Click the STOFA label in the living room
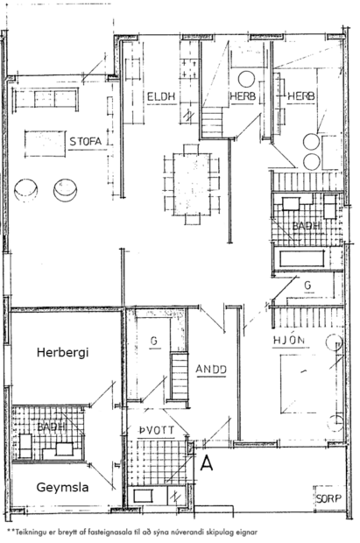click(x=86, y=139)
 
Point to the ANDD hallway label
click(x=211, y=369)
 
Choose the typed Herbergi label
click(x=63, y=352)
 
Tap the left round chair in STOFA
click(x=26, y=189)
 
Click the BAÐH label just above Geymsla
click(x=52, y=427)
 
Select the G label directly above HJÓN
click(x=307, y=285)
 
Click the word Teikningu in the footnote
click(x=36, y=531)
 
